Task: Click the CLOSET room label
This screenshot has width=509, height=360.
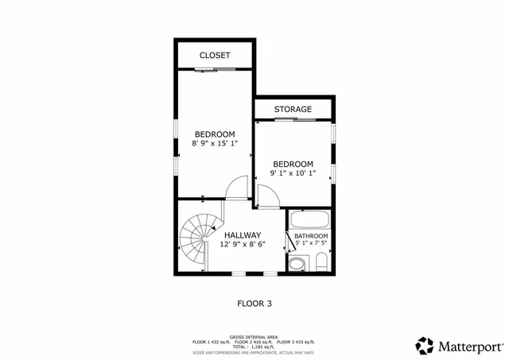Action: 215,56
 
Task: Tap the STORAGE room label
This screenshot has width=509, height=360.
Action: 293,109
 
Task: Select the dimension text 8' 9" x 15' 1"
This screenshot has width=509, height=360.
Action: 215,144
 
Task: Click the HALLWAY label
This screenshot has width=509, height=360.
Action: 243,235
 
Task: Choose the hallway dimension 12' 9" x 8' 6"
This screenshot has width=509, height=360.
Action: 243,245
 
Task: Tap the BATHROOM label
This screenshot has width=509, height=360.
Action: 311,236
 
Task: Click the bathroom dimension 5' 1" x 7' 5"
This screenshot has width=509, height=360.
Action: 311,245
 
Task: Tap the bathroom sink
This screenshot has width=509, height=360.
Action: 296,264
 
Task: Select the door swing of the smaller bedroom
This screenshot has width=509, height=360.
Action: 267,195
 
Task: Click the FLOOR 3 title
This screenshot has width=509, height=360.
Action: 254,303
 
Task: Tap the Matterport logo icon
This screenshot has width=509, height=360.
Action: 425,346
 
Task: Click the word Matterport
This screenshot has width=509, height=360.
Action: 470,346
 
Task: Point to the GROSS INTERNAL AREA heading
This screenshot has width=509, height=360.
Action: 254,336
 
